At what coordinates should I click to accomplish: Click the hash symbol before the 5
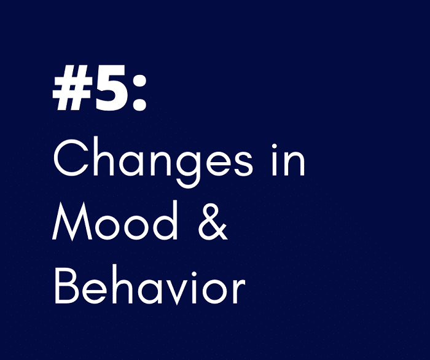point(72,88)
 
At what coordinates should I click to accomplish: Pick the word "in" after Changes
point(288,160)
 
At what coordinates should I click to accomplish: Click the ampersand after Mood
point(213,222)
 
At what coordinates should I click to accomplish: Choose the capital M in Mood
point(72,221)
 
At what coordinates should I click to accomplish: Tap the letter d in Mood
point(165,220)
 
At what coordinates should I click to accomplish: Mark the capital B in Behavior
point(67,286)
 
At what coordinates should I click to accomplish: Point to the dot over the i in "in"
point(274,146)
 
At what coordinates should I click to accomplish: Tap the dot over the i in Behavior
point(195,274)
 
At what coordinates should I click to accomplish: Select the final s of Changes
point(243,163)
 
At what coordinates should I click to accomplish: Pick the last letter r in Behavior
point(238,290)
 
